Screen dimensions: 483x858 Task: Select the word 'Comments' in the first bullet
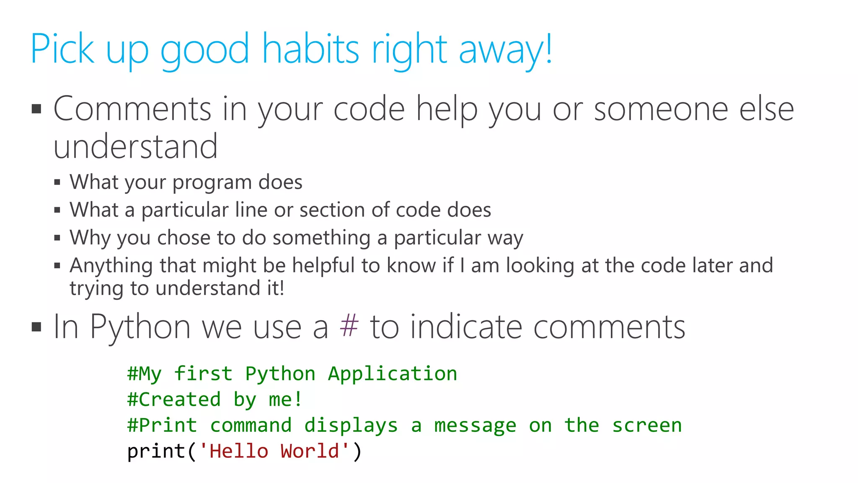pyautogui.click(x=132, y=109)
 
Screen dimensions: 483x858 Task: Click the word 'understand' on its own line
pyautogui.click(x=135, y=147)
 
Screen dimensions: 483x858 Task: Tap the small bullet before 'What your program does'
pyautogui.click(x=57, y=183)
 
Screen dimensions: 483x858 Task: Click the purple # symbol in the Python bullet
pyautogui.click(x=349, y=327)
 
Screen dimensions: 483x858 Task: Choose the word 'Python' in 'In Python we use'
pyautogui.click(x=140, y=327)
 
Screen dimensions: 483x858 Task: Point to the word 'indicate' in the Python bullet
pyautogui.click(x=465, y=327)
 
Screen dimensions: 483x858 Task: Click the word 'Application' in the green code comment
pyautogui.click(x=392, y=374)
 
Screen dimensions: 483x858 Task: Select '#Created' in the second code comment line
pyautogui.click(x=174, y=400)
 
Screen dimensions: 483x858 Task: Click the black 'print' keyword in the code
pyautogui.click(x=156, y=452)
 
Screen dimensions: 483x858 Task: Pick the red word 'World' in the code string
pyautogui.click(x=310, y=452)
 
